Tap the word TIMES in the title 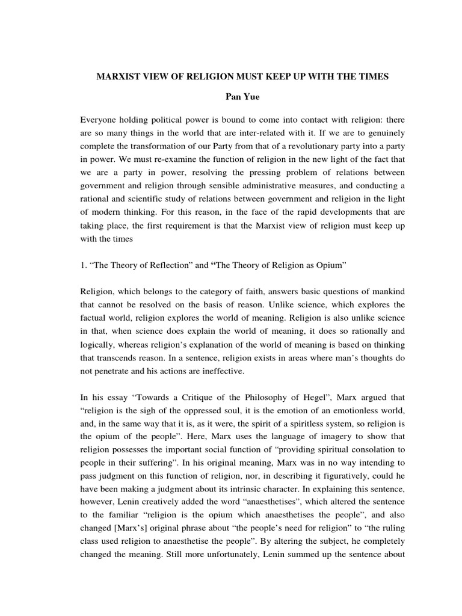(x=373, y=76)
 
